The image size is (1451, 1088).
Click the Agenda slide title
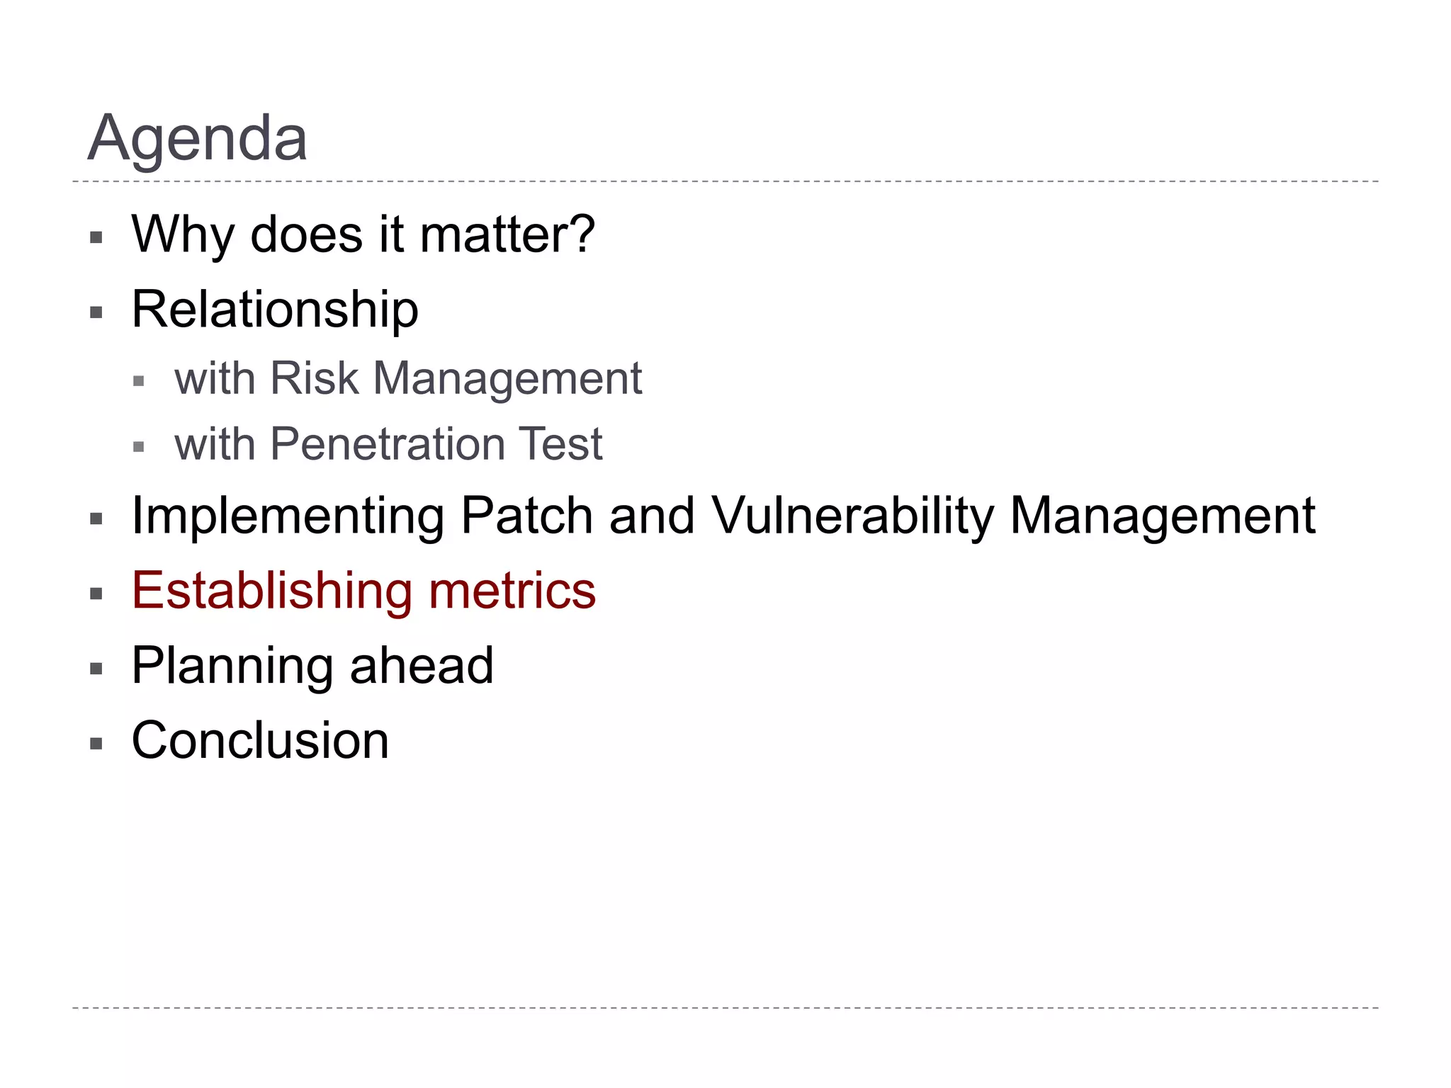[197, 139]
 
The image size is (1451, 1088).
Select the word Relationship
[275, 310]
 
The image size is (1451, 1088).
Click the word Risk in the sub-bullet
[314, 378]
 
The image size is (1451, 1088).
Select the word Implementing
[288, 517]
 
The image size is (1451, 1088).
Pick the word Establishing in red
[271, 591]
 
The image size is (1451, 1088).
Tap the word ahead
[422, 666]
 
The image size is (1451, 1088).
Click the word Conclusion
[260, 741]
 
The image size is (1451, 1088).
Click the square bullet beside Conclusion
[96, 744]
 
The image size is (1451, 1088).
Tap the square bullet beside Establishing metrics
[96, 594]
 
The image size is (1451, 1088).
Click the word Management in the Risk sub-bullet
[507, 380]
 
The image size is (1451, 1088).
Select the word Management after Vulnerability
[1162, 517]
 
